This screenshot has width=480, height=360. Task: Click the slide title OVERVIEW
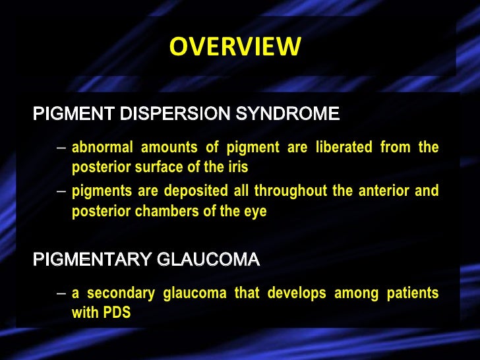[235, 47]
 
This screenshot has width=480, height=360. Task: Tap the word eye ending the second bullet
[256, 212]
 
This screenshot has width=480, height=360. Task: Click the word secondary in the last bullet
[118, 293]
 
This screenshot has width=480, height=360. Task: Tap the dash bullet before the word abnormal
[61, 148]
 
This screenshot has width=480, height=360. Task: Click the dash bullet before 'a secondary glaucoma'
[61, 293]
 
